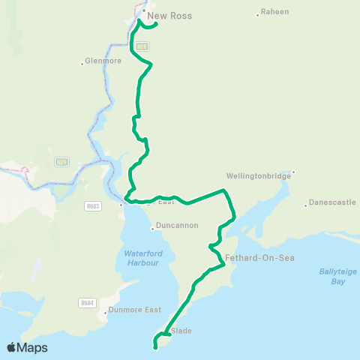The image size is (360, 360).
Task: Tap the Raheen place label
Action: (274, 13)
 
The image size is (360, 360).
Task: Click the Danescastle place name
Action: (331, 203)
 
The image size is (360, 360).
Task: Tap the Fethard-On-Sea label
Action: (259, 258)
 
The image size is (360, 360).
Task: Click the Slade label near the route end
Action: (181, 330)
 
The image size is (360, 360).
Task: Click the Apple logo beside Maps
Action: (12, 347)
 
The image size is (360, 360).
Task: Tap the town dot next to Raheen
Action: (257, 13)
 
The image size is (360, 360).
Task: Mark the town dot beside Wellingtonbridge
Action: (293, 171)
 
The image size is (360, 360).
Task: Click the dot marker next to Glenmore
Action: (82, 63)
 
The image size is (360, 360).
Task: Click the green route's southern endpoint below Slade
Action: (155, 347)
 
